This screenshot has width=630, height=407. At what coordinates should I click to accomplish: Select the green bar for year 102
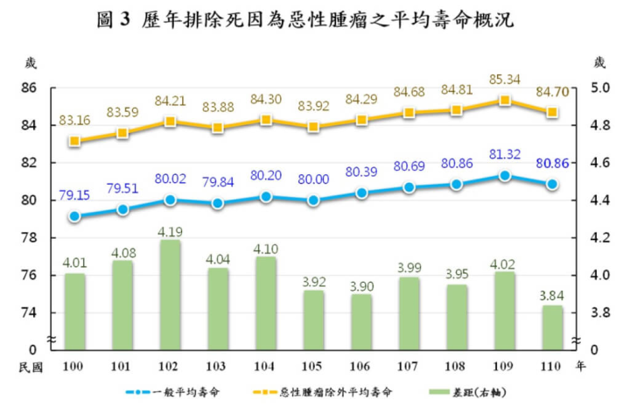tap(170, 293)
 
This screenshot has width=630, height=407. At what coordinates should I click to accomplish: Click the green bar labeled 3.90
tap(360, 320)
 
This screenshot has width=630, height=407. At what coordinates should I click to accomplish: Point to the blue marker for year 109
tap(504, 176)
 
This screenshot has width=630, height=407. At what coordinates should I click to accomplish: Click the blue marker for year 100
tap(75, 216)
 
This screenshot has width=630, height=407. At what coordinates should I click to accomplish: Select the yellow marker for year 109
tap(504, 101)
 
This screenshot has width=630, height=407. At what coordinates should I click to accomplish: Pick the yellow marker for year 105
tap(313, 127)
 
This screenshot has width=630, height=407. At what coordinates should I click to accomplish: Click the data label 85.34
tap(504, 81)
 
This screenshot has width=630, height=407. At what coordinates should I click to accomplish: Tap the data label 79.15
tap(75, 194)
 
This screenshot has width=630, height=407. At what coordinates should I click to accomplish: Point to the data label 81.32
tap(504, 155)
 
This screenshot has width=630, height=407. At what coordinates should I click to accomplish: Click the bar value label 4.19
tap(170, 232)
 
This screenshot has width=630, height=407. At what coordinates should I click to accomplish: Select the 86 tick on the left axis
tap(29, 88)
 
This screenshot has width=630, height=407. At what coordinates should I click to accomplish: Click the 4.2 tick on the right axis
tap(598, 238)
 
